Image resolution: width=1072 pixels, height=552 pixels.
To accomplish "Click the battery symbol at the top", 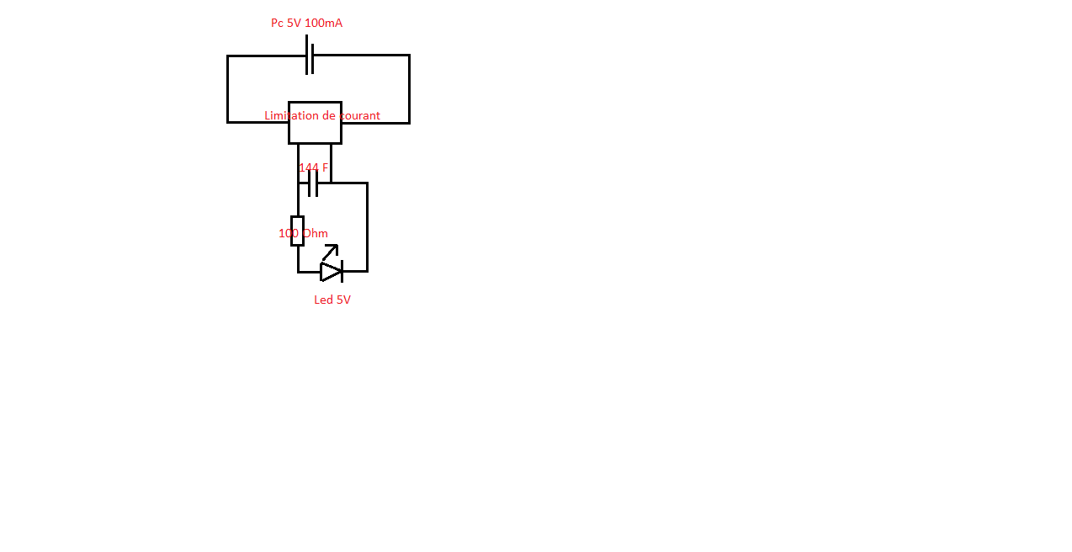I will click(310, 56).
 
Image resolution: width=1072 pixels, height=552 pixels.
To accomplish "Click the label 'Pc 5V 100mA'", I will click(306, 23).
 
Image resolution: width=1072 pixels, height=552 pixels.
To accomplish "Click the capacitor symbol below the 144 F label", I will click(313, 183).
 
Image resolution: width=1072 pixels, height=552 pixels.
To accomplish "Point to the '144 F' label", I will click(313, 167).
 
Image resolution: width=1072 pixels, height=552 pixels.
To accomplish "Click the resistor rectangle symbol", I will click(297, 231).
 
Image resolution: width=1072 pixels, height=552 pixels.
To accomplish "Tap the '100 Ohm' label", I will click(303, 233).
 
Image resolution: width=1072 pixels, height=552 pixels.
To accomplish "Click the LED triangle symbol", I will click(331, 272).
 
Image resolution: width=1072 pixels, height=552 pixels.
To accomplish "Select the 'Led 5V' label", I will click(332, 300).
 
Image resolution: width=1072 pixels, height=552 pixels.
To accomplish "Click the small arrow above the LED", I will click(331, 252).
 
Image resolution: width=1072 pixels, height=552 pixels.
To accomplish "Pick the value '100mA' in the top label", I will click(323, 23).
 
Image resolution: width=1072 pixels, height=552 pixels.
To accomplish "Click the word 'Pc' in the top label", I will click(277, 23).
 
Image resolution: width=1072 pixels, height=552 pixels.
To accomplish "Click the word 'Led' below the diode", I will click(323, 300).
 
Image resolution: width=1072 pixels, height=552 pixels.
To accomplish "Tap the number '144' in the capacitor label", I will click(308, 167).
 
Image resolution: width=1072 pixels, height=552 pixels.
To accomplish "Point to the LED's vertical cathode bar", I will click(342, 272).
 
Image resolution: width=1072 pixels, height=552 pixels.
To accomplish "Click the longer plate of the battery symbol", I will click(307, 54).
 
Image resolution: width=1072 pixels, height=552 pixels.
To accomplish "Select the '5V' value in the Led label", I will click(343, 300).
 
